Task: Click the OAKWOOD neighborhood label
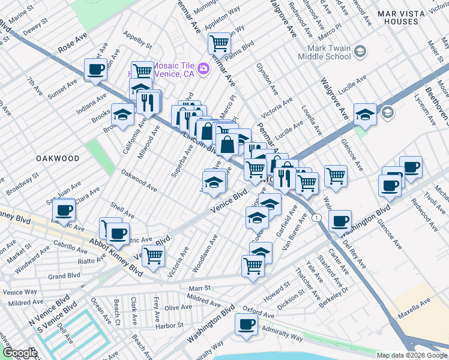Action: (58, 158)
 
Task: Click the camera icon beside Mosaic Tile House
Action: (203, 69)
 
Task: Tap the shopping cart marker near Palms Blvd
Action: (220, 43)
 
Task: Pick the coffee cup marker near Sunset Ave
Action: (95, 70)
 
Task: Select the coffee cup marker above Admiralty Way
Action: (246, 325)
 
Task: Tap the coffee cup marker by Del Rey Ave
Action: (340, 221)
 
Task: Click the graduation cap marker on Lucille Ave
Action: (365, 113)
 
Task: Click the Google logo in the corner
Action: (19, 353)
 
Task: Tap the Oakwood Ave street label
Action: (139, 181)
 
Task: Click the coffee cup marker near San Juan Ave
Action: (64, 210)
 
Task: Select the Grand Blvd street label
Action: (64, 276)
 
